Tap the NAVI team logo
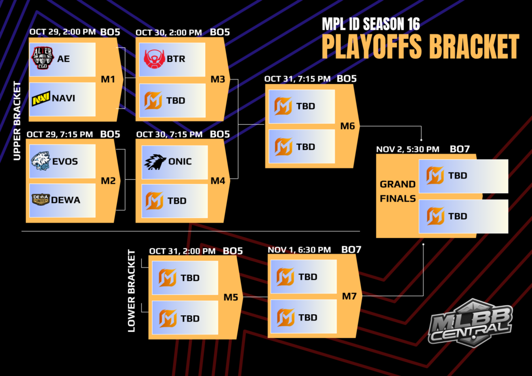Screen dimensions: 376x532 [41, 98]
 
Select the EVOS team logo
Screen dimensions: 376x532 [41, 161]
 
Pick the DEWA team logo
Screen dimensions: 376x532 [41, 199]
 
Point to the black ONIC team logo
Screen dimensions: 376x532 [154, 162]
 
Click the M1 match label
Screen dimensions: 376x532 [108, 79]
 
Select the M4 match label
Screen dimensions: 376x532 [218, 181]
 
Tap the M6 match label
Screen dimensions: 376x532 [348, 126]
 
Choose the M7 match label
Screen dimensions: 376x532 [349, 296]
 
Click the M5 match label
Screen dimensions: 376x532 [231, 297]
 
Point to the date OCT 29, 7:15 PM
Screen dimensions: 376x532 [61, 134]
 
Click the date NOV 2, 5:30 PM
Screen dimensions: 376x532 [408, 149]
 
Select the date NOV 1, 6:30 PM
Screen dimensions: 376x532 [299, 250]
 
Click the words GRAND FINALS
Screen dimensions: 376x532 [397, 191]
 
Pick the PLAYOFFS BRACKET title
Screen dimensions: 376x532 [420, 47]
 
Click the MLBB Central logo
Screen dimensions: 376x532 [470, 322]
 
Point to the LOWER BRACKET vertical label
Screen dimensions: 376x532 [131, 291]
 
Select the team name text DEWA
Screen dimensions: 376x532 [66, 200]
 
